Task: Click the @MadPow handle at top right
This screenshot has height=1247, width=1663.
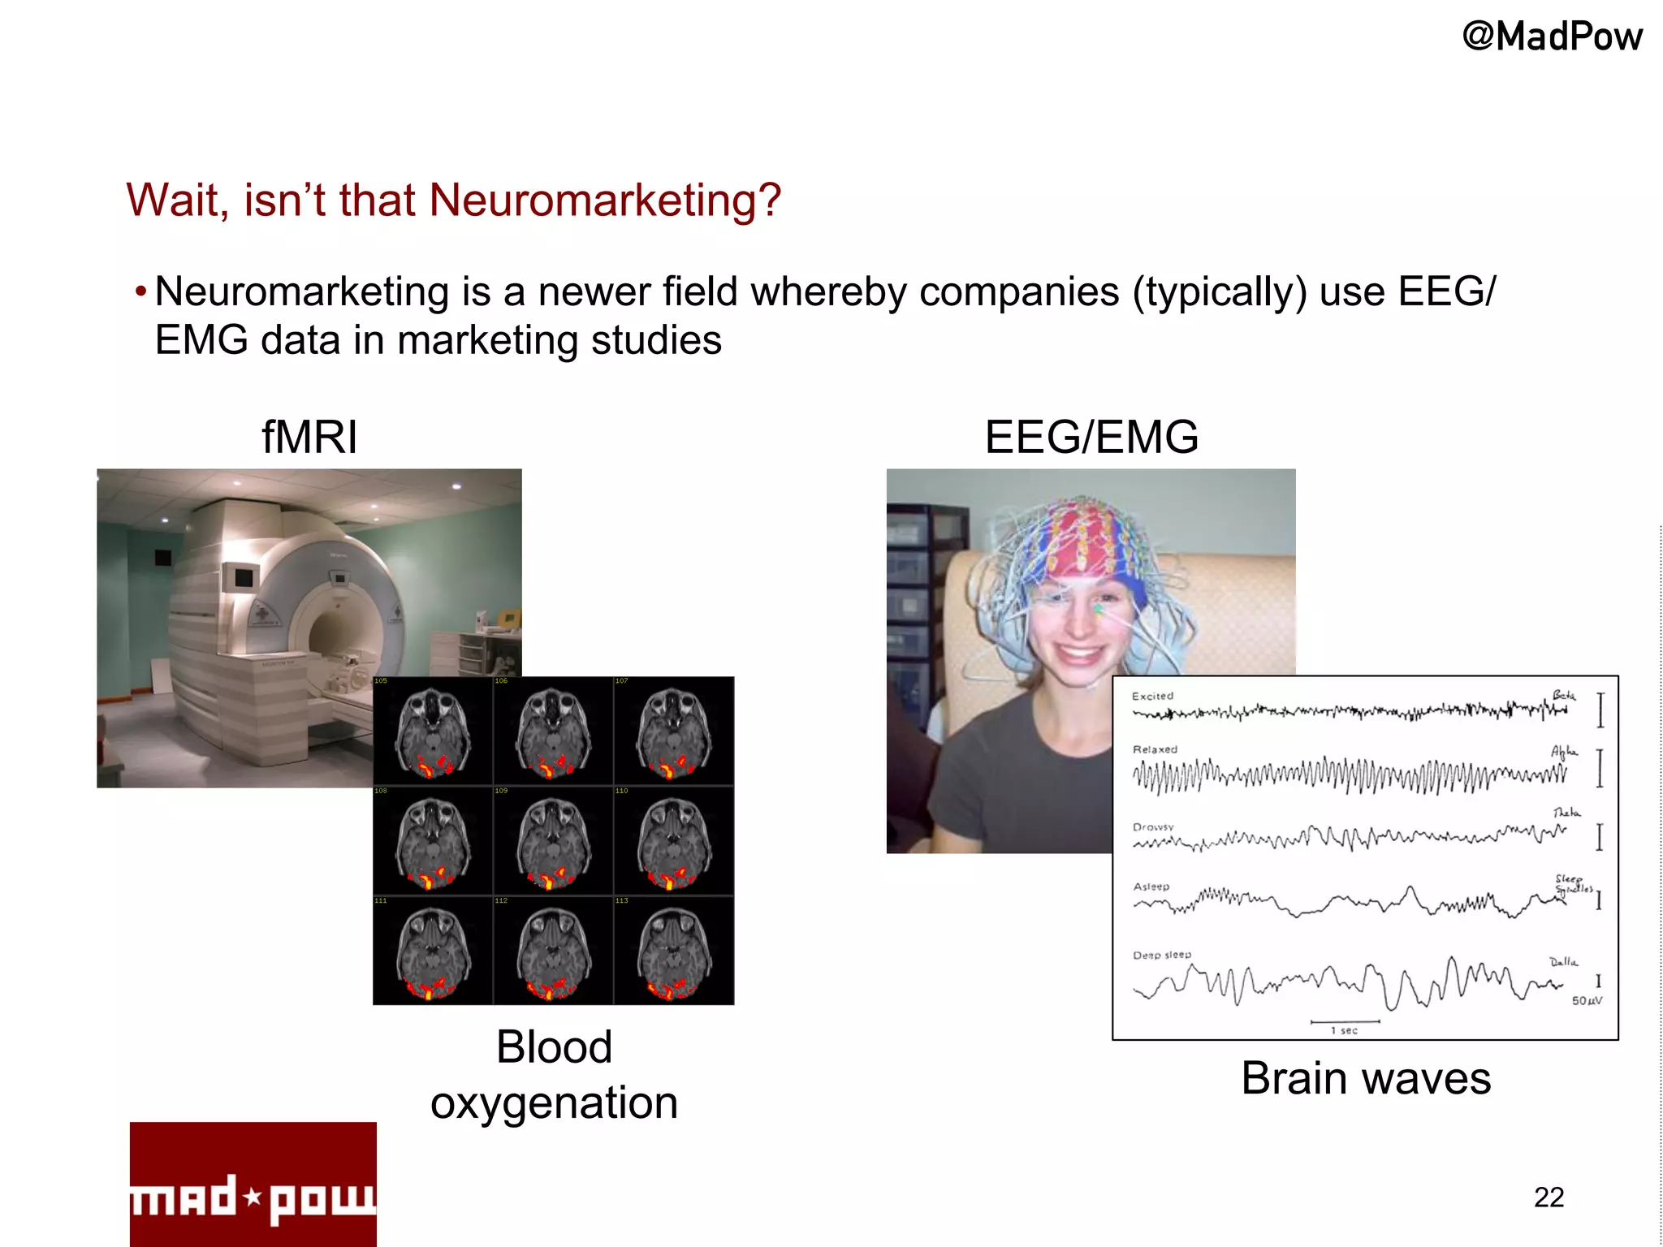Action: pos(1552,37)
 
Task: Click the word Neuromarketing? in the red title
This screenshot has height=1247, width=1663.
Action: pos(604,201)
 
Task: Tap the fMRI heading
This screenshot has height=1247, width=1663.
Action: pos(309,437)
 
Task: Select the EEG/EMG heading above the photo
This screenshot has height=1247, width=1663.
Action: pos(1091,437)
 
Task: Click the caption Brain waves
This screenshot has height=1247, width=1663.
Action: pos(1366,1078)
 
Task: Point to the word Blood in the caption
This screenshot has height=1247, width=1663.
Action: pos(554,1046)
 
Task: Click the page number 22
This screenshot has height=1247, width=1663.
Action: pos(1549,1197)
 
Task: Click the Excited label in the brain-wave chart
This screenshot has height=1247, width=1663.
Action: pos(1152,696)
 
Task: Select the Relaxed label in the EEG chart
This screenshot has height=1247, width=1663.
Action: pos(1155,749)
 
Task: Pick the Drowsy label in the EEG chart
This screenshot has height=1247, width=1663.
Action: pos(1153,827)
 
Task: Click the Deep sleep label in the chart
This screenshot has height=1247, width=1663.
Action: pos(1162,955)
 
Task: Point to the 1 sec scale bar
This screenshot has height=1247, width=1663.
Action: pos(1345,1023)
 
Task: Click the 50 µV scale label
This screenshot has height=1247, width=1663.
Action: pos(1587,1001)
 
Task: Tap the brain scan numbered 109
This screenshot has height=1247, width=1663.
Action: pos(553,842)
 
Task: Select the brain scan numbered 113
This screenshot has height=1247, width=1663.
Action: pos(673,951)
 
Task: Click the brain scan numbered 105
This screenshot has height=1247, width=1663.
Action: pos(433,731)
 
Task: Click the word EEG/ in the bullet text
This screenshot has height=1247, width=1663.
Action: pos(1446,291)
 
